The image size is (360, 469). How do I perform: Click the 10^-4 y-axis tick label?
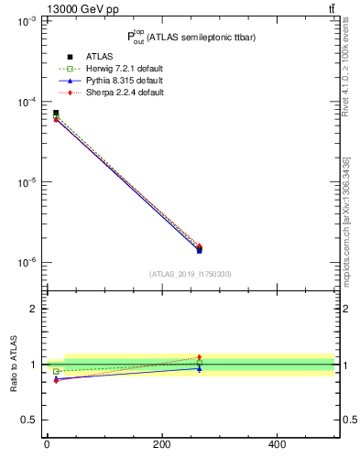[25, 102]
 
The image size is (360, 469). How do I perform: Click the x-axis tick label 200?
[161, 445]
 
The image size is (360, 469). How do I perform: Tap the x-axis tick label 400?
[277, 445]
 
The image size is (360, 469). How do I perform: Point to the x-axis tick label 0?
[47, 445]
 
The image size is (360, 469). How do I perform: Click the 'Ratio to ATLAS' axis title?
[14, 365]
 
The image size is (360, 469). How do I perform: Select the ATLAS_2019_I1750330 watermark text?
[191, 274]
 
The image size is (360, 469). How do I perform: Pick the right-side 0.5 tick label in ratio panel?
[349, 420]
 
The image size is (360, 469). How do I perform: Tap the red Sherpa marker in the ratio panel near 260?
[199, 357]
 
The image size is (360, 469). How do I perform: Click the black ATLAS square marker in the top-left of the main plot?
[56, 113]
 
